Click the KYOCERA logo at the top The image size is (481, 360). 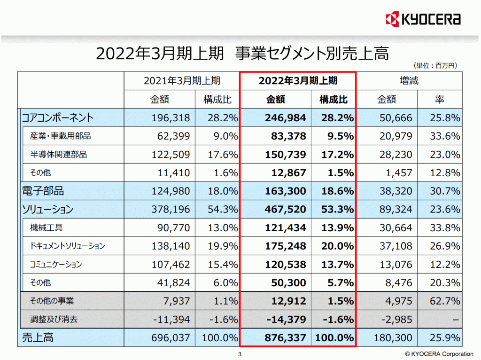[422, 19]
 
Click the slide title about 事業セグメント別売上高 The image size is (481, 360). [242, 53]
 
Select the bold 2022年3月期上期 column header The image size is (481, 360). [298, 80]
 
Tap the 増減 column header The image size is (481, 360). [409, 80]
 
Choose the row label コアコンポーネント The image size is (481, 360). [58, 117]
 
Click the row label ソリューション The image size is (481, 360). [48, 209]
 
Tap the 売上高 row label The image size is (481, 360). [38, 337]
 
